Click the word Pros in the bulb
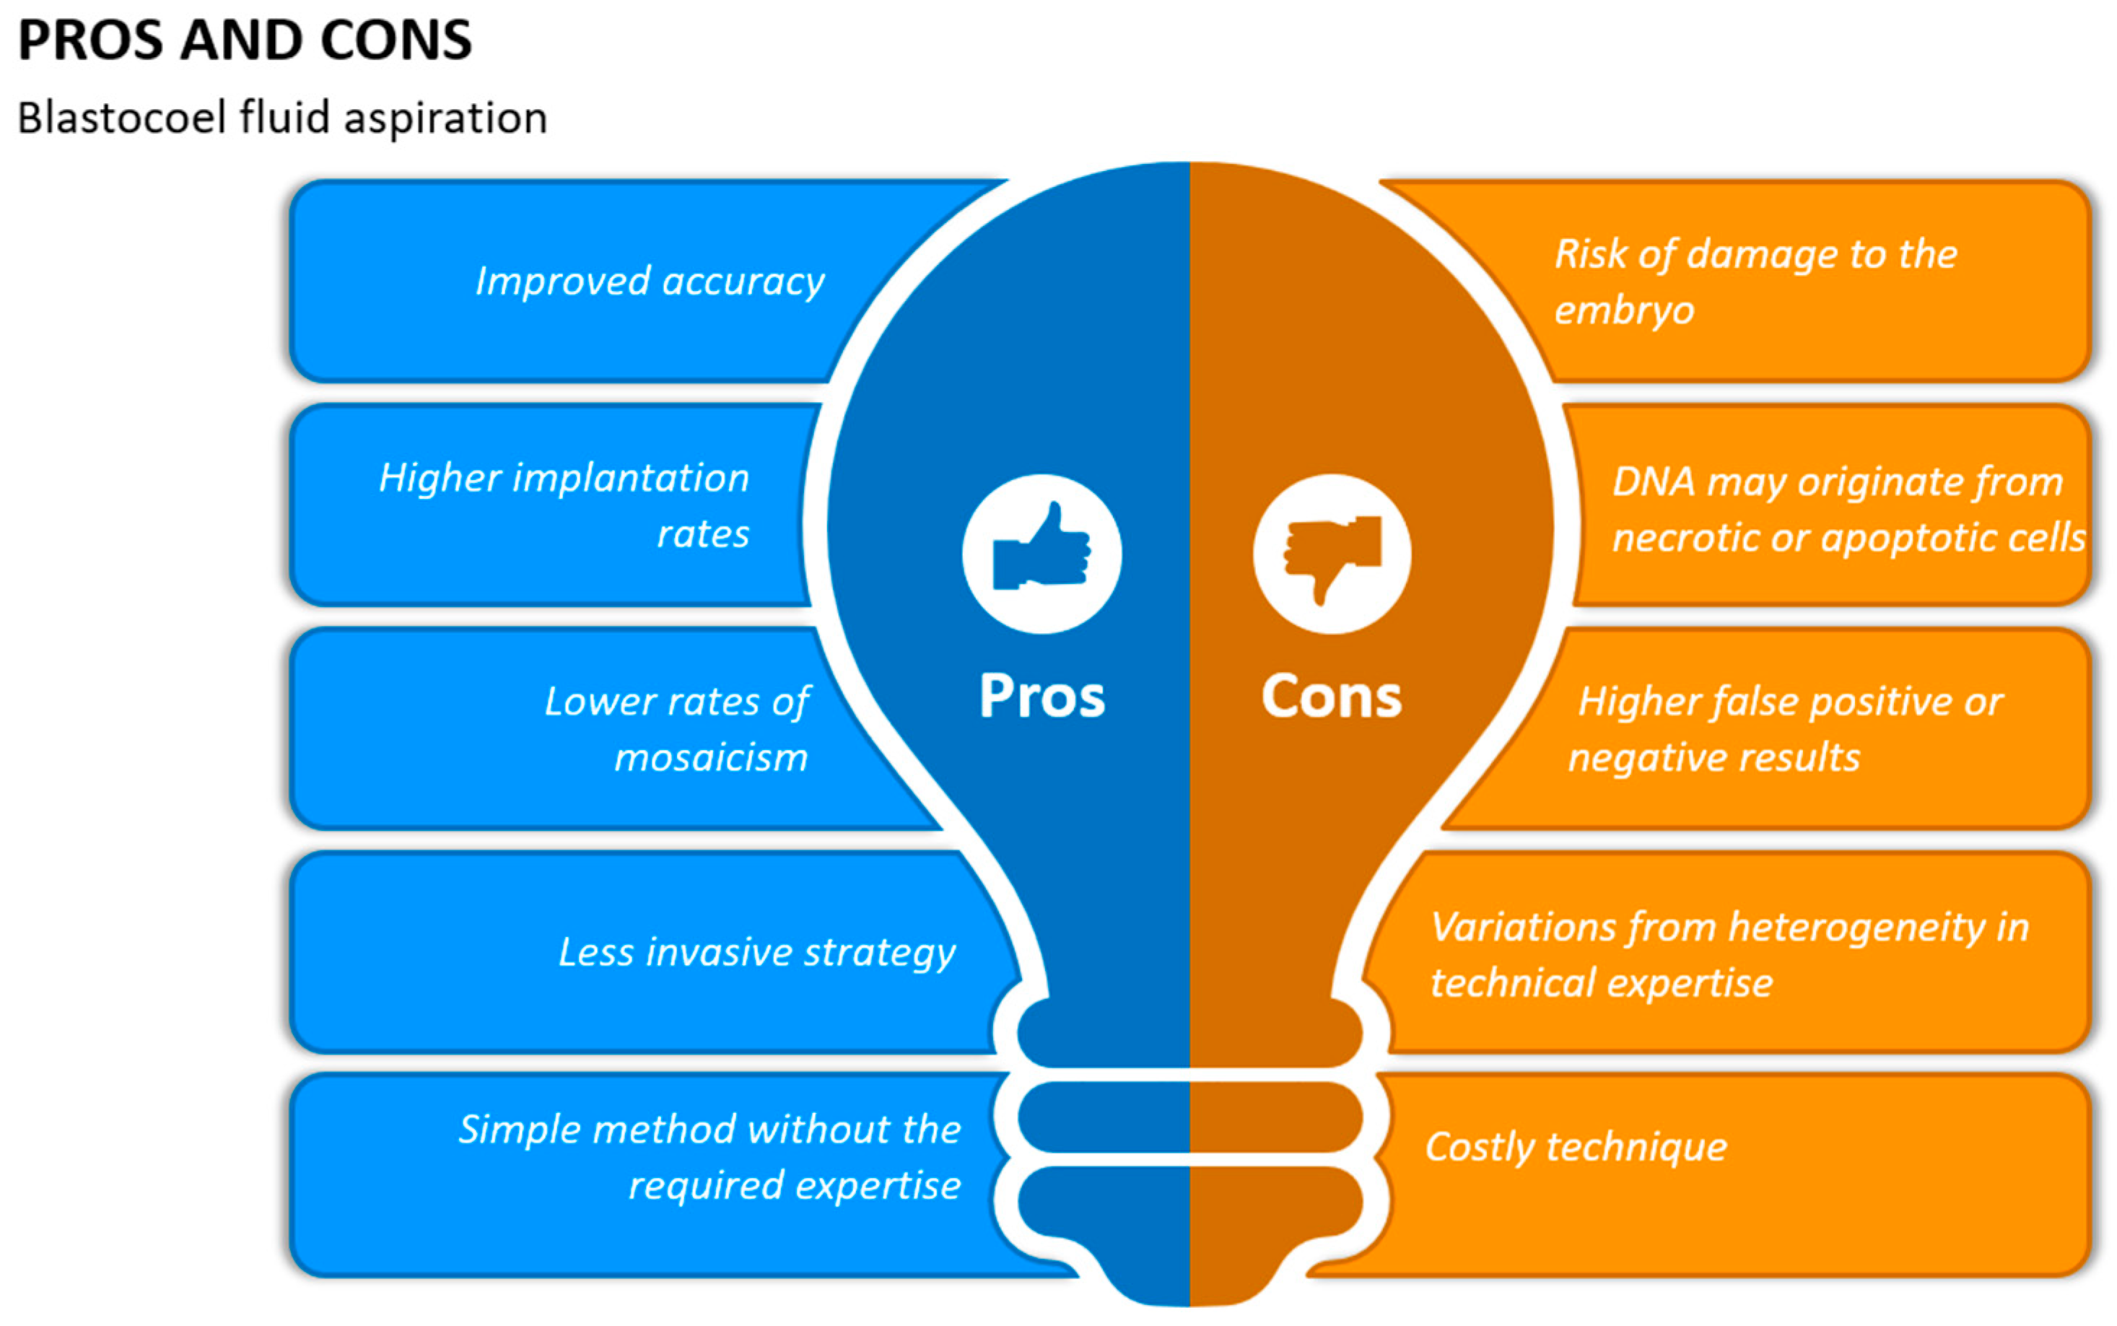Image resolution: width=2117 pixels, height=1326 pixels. coord(1042,697)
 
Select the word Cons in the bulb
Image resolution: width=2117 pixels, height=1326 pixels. coord(1331,697)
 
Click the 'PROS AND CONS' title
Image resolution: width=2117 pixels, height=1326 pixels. coord(245,40)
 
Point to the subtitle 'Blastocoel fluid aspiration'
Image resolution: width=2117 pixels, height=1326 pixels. coord(282,118)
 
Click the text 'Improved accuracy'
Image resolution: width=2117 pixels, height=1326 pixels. coord(649,282)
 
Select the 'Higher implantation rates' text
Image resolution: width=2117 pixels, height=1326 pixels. coord(564,505)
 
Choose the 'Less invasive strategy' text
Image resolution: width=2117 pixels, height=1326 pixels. coord(757,952)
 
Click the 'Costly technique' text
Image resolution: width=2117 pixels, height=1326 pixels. coord(1576,1147)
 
